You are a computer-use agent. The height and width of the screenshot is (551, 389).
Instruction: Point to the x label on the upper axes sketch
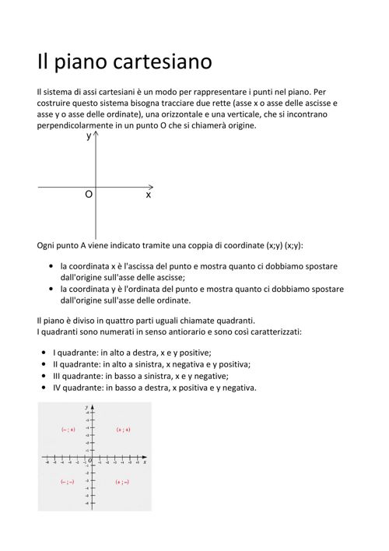(x=148, y=195)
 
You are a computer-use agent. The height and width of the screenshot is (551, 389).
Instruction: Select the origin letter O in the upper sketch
(x=89, y=195)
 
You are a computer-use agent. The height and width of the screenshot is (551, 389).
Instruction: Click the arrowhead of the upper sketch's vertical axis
(x=96, y=135)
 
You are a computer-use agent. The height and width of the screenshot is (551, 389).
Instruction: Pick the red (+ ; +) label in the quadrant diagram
(x=123, y=429)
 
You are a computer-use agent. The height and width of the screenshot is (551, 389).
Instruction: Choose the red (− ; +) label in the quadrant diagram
(x=68, y=429)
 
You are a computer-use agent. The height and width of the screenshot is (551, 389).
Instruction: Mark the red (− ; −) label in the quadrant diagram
(x=68, y=483)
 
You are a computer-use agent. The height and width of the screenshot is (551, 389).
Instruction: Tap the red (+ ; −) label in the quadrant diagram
(x=122, y=483)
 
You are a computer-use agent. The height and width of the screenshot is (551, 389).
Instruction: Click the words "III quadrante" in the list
(x=83, y=375)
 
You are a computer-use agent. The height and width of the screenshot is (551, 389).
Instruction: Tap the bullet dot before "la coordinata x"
(x=51, y=265)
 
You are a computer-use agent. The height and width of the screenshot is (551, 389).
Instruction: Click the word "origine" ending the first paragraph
(x=237, y=125)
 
